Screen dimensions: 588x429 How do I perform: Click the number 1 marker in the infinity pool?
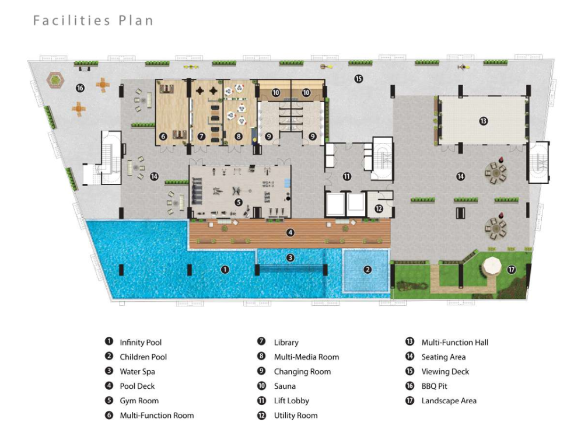click(x=225, y=270)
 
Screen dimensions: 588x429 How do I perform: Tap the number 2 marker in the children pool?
click(x=367, y=270)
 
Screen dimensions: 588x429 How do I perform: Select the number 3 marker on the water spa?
click(x=290, y=258)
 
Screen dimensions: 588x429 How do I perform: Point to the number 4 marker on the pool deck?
click(x=290, y=233)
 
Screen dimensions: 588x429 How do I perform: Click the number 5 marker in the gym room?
click(x=239, y=203)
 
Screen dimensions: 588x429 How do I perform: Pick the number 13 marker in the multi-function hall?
click(x=484, y=121)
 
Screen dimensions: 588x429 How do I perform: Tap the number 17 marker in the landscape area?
click(x=512, y=270)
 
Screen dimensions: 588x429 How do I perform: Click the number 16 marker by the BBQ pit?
click(x=80, y=88)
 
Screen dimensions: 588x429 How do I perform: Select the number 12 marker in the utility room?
click(x=379, y=209)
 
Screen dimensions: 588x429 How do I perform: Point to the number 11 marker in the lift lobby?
click(x=347, y=176)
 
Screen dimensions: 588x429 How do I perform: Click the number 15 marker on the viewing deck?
click(x=359, y=79)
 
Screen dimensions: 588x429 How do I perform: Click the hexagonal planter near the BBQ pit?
click(x=55, y=80)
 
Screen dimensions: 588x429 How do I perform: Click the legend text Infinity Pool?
click(x=141, y=342)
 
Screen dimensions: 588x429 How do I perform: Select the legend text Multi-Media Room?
click(x=306, y=357)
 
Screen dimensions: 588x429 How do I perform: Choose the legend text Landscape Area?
click(x=449, y=401)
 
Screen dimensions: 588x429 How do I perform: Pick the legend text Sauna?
click(x=285, y=386)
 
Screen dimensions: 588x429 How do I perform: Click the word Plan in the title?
click(x=136, y=20)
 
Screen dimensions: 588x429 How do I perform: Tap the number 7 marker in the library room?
click(x=201, y=137)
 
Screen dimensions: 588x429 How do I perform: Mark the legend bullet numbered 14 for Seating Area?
click(x=409, y=356)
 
